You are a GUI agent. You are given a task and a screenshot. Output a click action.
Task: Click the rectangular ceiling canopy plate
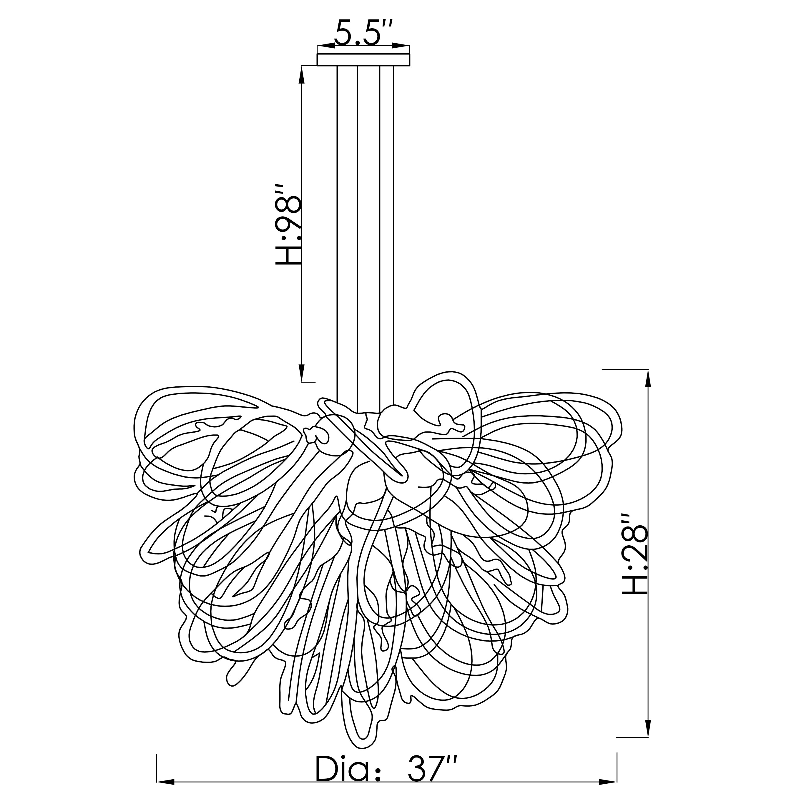[363, 59]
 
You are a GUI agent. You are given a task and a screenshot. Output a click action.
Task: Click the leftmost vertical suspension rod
[338, 232]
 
